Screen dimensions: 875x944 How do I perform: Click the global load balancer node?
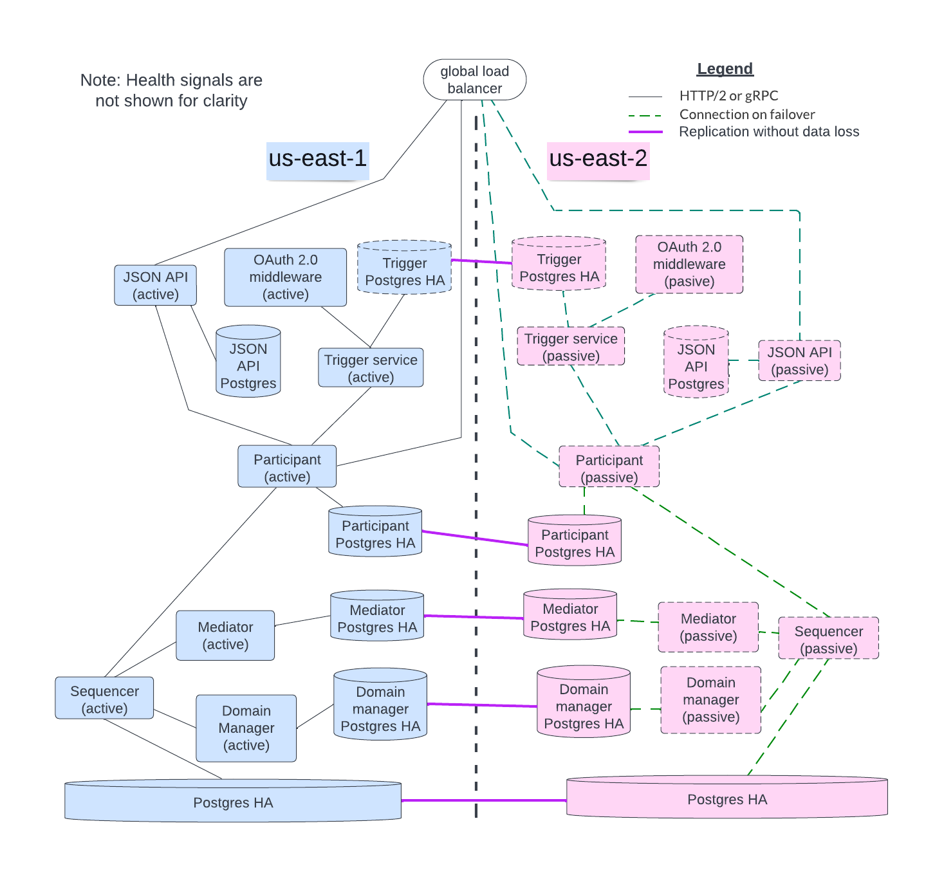coord(475,80)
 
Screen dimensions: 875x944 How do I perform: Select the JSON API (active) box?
coord(155,285)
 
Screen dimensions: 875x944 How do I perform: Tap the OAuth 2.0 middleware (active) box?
coord(285,277)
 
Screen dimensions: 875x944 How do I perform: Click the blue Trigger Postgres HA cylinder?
coord(404,270)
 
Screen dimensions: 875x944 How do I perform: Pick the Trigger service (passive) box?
coord(571,347)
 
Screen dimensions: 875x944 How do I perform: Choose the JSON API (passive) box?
coord(799,361)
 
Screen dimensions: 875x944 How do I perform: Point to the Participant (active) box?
coord(287,467)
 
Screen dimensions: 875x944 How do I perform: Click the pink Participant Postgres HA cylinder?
coord(575,542)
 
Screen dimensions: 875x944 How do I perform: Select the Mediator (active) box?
coord(225,636)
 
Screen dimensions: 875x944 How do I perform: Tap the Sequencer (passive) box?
coord(828,639)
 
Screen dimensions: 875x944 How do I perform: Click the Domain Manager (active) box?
coord(246,728)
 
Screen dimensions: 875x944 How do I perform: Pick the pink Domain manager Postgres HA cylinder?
coord(584,705)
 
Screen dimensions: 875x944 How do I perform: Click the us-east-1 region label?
coord(318,158)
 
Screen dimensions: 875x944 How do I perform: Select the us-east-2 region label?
coord(598,158)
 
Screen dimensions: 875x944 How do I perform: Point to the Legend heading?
coord(725,69)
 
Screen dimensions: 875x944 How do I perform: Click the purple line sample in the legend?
coord(645,132)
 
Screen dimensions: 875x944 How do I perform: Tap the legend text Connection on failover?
coord(747,115)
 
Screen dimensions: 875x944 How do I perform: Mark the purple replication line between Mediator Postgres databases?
coord(474,617)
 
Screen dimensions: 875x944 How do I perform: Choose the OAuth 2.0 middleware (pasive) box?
coord(689,264)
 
